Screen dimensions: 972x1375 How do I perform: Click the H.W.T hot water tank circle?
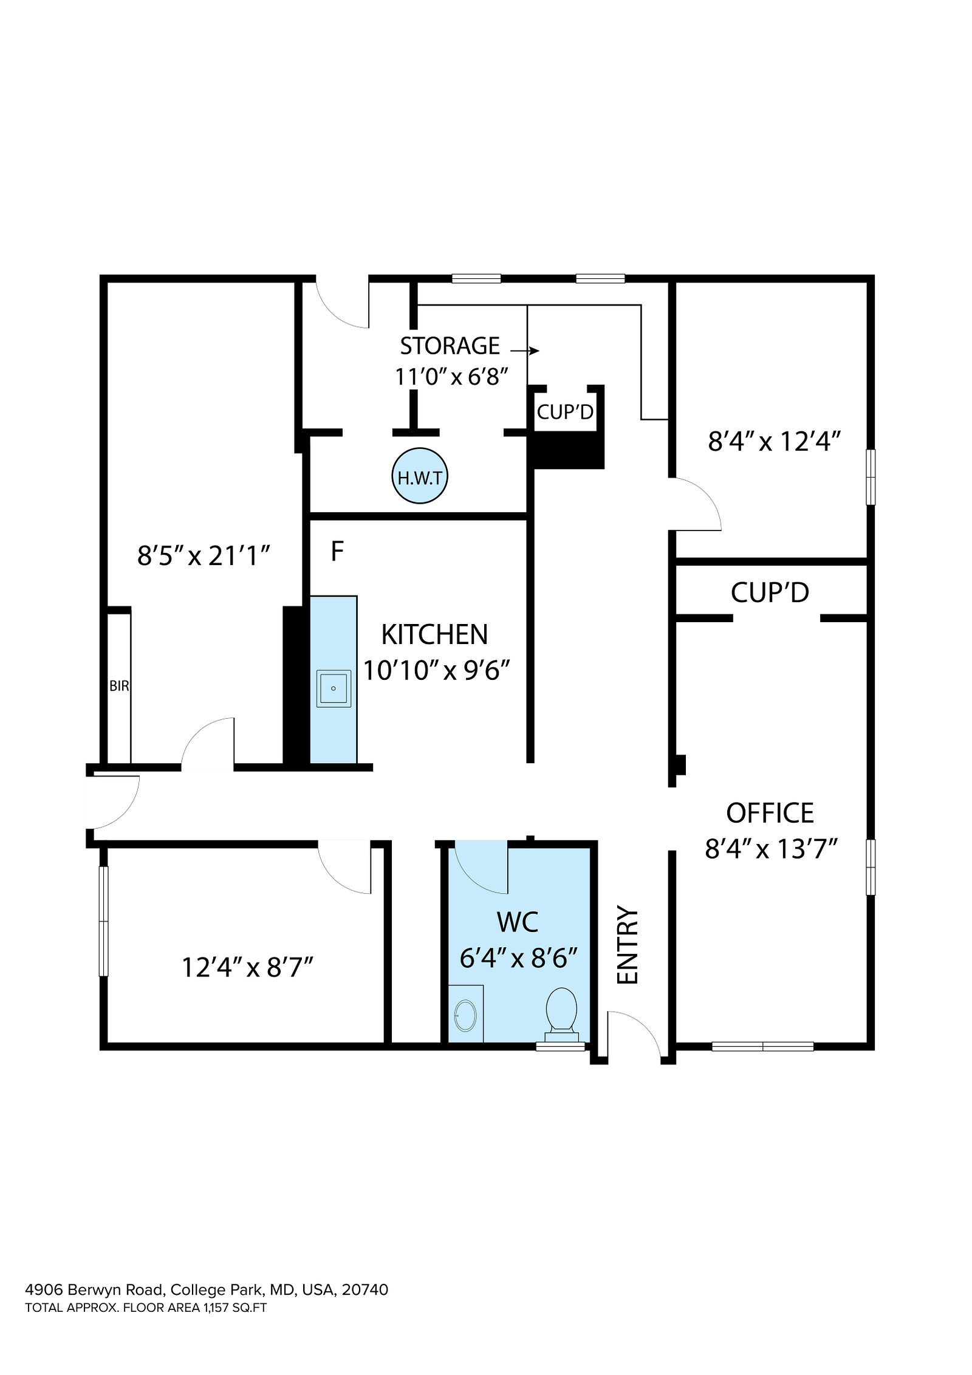coord(420,476)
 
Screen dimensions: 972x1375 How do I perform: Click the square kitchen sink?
coord(334,688)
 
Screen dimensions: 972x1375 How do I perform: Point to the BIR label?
coord(120,686)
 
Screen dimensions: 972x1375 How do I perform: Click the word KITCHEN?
coord(434,635)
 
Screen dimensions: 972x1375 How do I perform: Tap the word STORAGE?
coord(450,346)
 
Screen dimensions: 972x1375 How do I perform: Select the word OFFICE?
coord(770,813)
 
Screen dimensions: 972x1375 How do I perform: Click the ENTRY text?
coord(628,953)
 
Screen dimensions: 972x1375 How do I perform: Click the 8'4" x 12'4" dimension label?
coord(774,441)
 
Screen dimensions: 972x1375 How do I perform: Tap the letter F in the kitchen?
coord(337,551)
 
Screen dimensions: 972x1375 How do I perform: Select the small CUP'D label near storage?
coord(565,412)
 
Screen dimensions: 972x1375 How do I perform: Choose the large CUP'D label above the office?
coord(770,592)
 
